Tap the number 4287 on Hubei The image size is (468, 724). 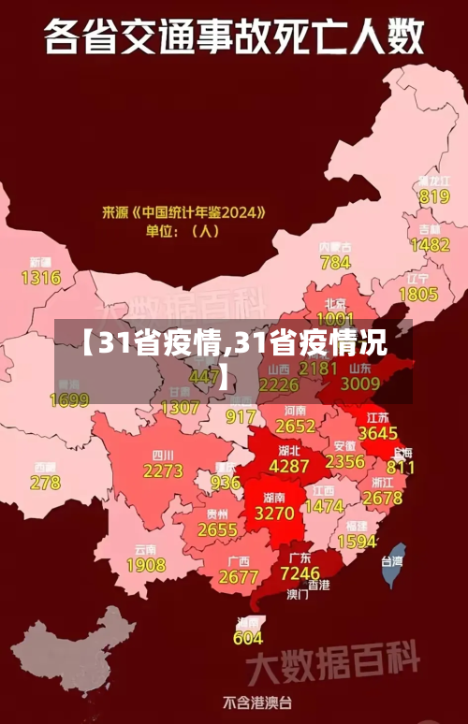[288, 466]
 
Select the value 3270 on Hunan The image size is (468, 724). [274, 514]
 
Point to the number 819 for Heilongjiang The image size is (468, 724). [434, 196]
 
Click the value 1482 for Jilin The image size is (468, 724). [431, 244]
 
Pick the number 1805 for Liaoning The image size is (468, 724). [418, 295]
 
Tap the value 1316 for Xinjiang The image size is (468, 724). [40, 278]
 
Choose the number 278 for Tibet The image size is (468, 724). [45, 483]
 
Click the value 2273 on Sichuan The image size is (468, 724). [163, 471]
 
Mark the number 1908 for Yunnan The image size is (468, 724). [146, 565]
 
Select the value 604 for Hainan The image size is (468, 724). [248, 638]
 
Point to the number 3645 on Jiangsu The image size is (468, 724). [378, 434]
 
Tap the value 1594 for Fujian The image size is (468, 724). [357, 542]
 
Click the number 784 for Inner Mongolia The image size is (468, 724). [335, 263]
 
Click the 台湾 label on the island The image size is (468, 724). [391, 561]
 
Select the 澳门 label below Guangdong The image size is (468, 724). [298, 593]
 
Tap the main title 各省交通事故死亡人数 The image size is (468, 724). [233, 39]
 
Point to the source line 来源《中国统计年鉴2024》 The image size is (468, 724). [183, 213]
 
